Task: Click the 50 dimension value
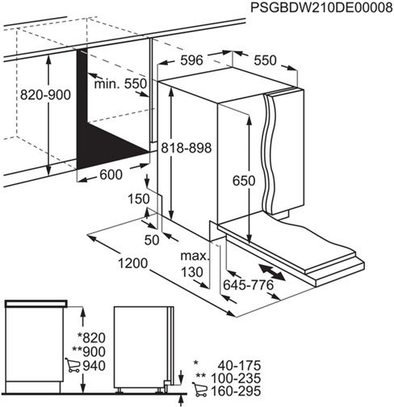[x=152, y=240]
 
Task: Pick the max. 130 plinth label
[x=194, y=265]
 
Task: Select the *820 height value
[x=92, y=338]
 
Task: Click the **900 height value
[x=90, y=352]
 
